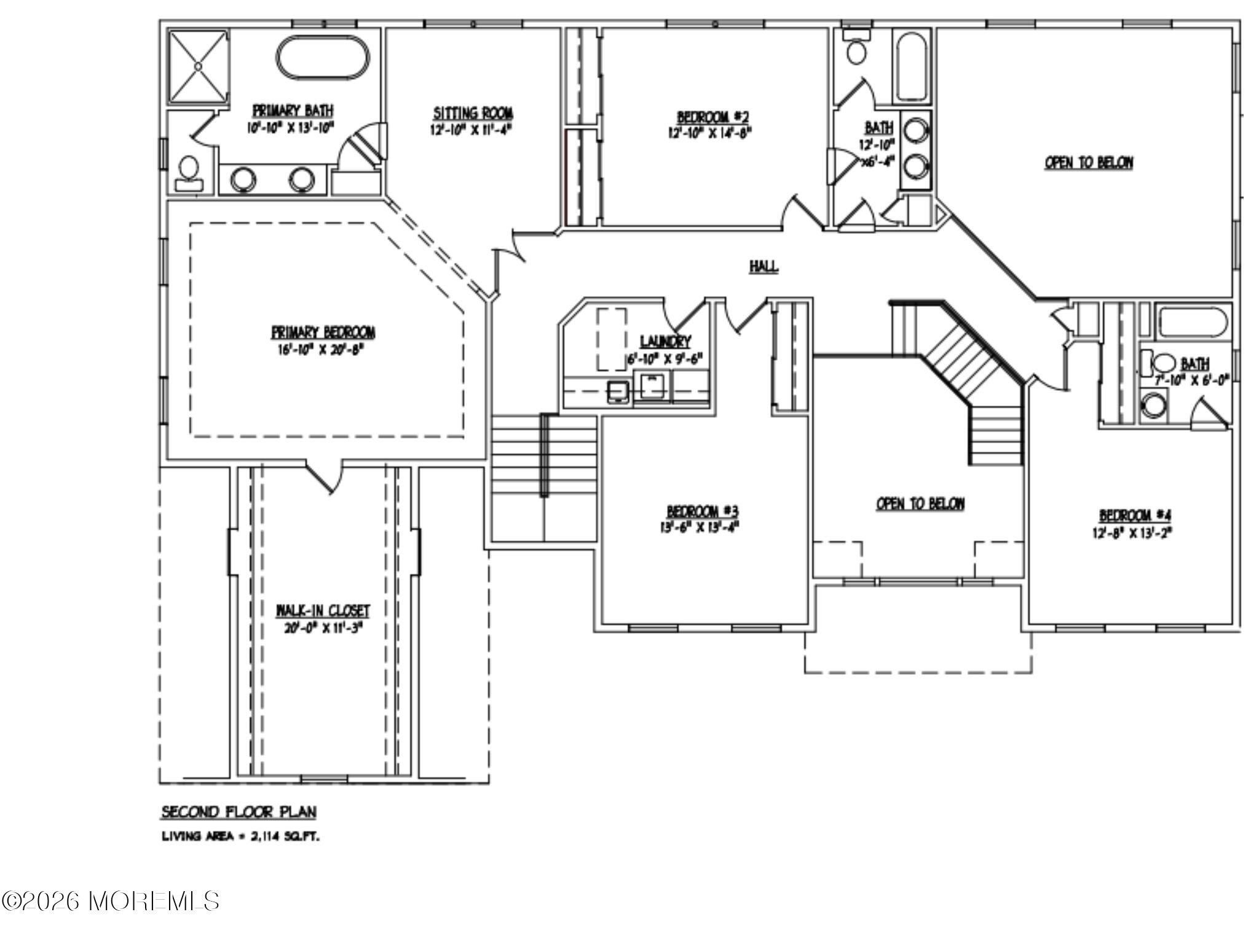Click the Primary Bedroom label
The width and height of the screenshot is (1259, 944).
(x=323, y=332)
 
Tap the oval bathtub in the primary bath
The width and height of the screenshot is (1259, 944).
(x=324, y=58)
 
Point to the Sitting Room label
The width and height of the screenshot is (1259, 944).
(x=473, y=114)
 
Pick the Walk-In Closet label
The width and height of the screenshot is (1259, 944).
(x=323, y=610)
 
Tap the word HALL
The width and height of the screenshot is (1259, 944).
(x=764, y=267)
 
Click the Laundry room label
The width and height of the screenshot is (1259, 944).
(x=665, y=342)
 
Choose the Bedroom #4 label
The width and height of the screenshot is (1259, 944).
(x=1131, y=515)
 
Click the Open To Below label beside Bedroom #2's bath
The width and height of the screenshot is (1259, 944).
(x=1089, y=163)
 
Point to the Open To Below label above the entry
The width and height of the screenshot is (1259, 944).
(x=920, y=504)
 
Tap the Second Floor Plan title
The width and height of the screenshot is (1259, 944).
(x=239, y=812)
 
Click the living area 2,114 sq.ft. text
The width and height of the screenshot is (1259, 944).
(x=240, y=836)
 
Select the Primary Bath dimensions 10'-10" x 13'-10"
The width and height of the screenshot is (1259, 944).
(x=293, y=127)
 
